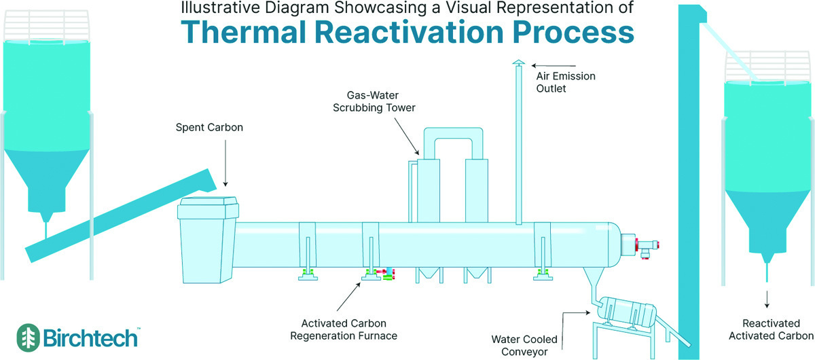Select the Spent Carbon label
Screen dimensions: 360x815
tap(209, 127)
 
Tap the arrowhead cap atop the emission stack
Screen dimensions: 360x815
tap(518, 62)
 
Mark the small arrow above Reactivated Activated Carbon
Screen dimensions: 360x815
tap(768, 300)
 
